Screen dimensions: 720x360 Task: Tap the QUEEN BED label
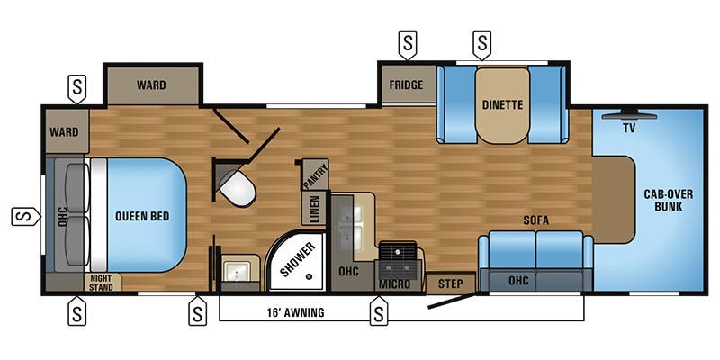click(142, 216)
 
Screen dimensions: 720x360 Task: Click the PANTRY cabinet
click(315, 174)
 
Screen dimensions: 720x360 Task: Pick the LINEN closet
click(314, 208)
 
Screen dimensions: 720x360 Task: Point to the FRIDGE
click(407, 85)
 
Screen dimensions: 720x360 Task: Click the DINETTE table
click(502, 104)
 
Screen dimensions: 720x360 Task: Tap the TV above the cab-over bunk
click(629, 115)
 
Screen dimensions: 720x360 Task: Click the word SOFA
click(536, 220)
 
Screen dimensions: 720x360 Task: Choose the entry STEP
click(451, 283)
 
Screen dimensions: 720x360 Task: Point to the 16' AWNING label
click(296, 312)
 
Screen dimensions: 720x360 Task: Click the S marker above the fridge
click(408, 44)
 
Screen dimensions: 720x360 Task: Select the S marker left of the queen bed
click(26, 216)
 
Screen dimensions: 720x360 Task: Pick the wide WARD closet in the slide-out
click(152, 85)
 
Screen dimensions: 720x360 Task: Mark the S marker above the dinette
click(481, 44)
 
